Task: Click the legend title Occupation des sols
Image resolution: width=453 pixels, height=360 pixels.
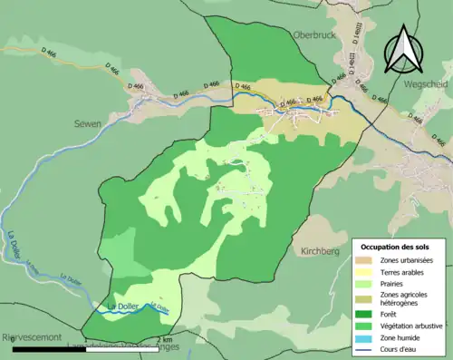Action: (397, 247)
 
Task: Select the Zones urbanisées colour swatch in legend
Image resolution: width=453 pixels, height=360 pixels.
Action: (365, 261)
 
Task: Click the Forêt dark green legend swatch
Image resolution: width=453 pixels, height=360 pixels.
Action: (365, 316)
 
